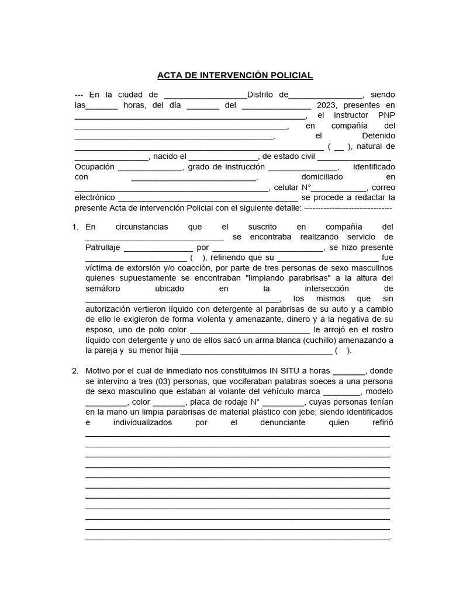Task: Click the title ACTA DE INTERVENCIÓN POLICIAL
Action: click(235, 75)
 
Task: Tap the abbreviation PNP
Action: click(386, 115)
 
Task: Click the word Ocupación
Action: click(94, 166)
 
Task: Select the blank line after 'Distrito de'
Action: click(326, 95)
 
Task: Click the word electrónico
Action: click(95, 197)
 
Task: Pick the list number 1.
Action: click(75, 227)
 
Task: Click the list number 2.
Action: click(75, 371)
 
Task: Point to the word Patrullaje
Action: click(102, 247)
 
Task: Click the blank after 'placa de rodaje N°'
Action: click(283, 402)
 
